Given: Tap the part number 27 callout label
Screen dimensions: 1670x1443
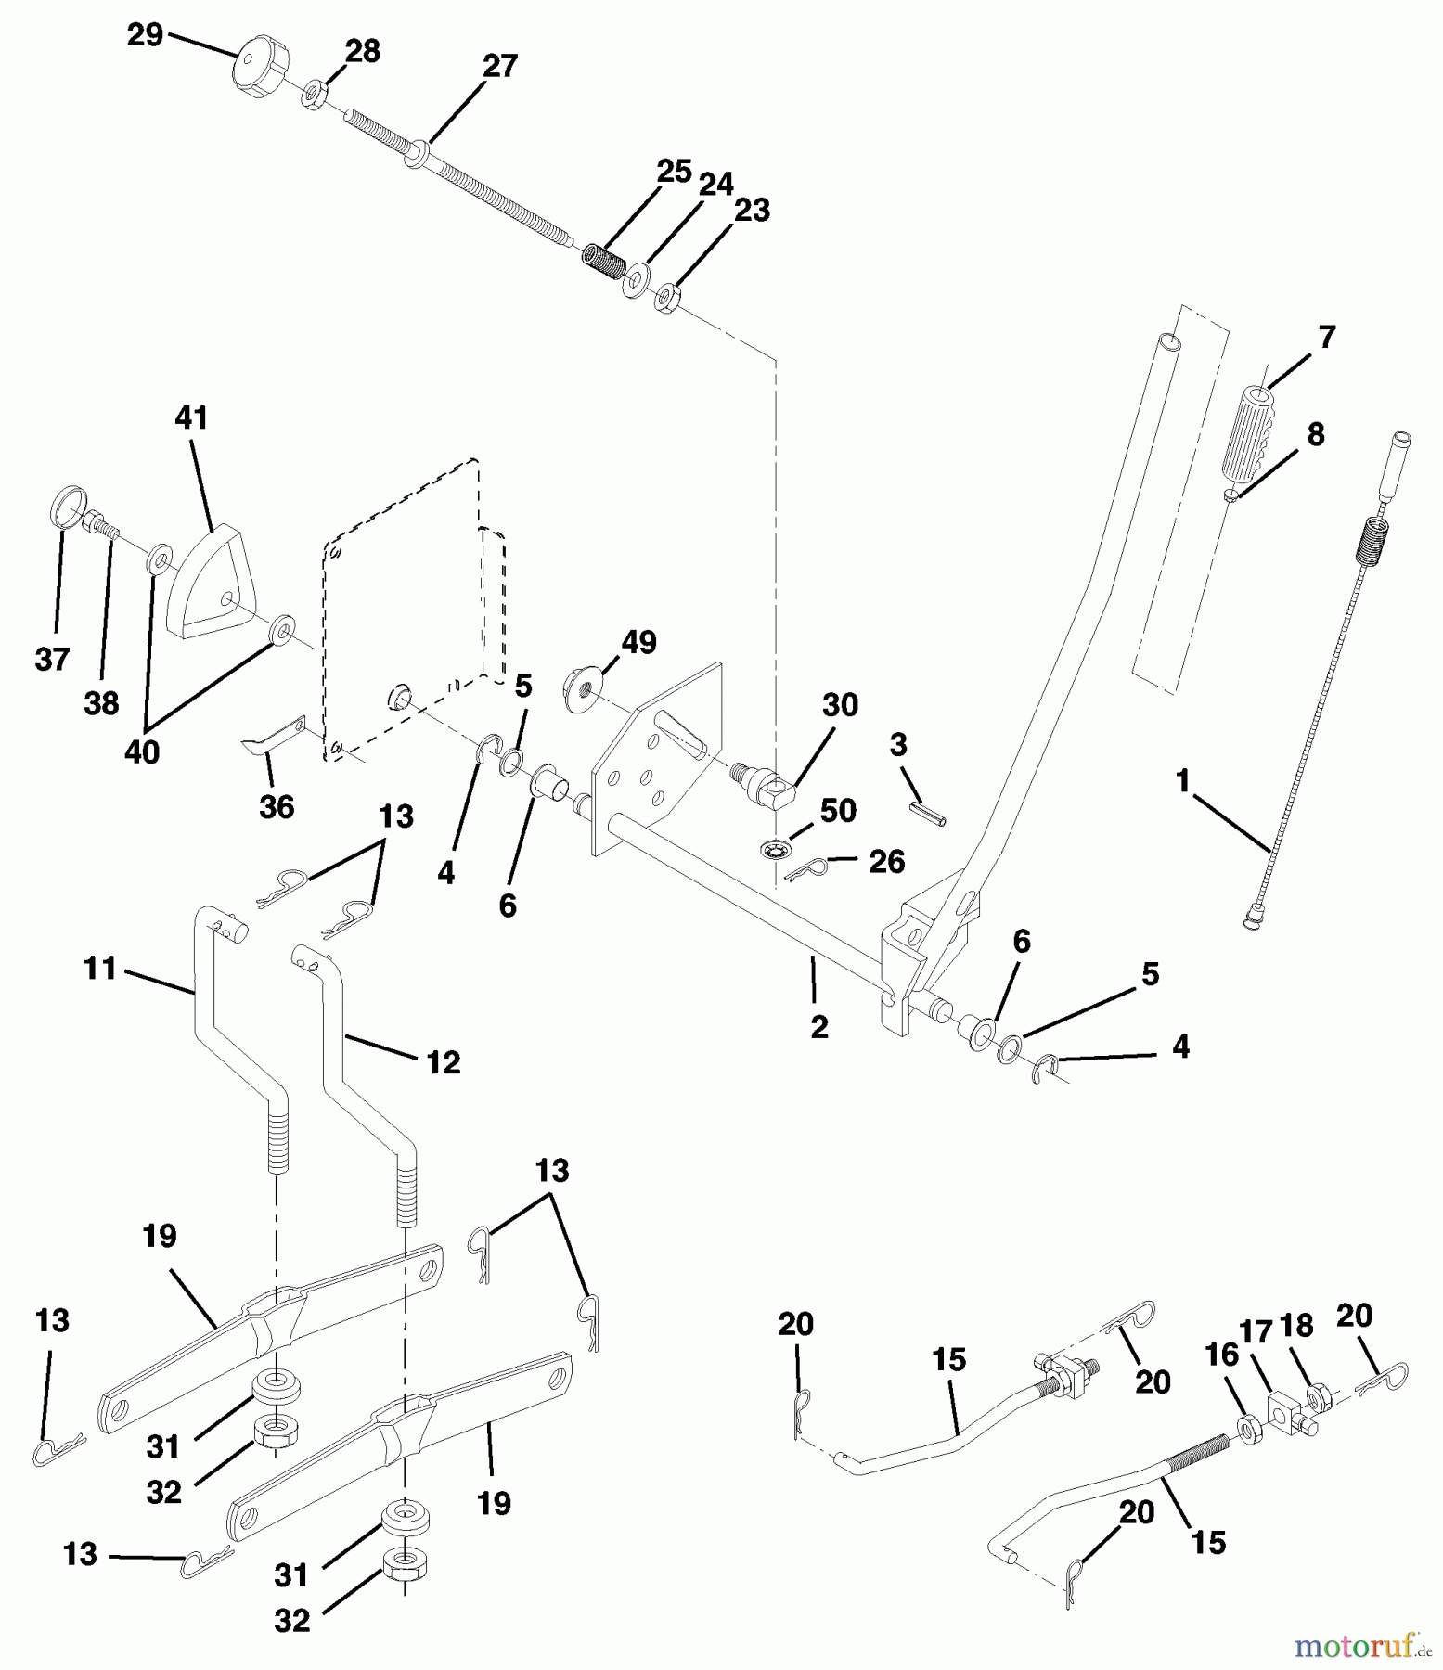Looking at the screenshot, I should tap(499, 67).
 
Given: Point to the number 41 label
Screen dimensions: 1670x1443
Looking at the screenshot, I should tap(191, 418).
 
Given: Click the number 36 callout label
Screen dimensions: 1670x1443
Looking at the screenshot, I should tap(277, 807).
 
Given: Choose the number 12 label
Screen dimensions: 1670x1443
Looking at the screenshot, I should tap(444, 1062).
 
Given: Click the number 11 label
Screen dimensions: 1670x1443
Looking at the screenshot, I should tap(99, 969).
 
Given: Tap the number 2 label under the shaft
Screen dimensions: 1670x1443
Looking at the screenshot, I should tap(818, 1026).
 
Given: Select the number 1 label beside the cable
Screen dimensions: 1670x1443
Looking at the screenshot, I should tap(1183, 782).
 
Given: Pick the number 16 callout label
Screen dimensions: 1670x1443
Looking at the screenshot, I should tap(1221, 1355).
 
